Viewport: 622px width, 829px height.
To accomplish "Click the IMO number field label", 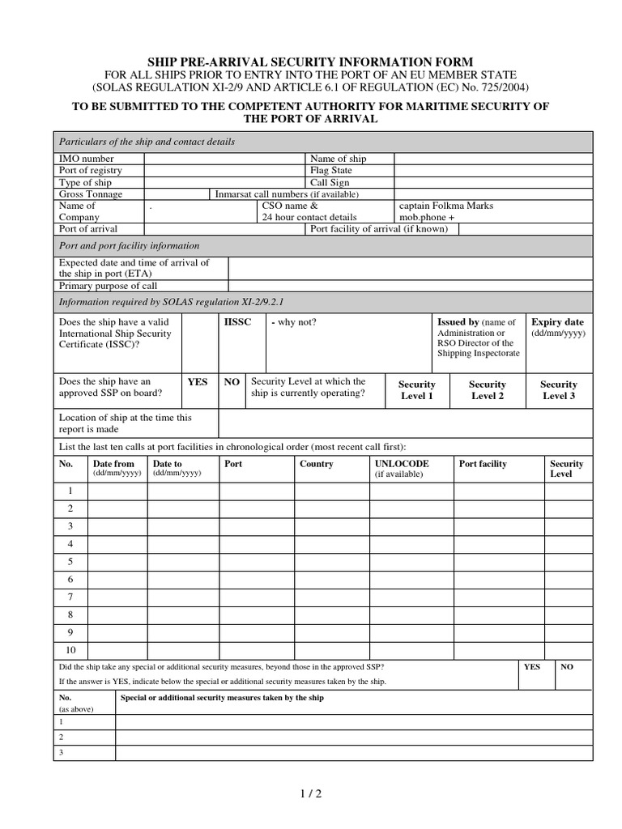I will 87,159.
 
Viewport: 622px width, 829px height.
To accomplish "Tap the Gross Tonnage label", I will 91,194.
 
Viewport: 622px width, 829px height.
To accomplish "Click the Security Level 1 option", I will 417,390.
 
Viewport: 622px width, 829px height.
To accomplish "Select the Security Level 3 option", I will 559,390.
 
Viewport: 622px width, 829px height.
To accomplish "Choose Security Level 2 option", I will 488,390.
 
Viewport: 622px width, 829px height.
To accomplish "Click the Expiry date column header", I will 557,321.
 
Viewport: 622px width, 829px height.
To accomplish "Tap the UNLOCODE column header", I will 402,464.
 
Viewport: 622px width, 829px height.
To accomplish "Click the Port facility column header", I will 483,464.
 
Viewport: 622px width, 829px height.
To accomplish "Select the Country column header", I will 316,464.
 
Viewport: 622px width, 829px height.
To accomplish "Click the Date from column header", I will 115,464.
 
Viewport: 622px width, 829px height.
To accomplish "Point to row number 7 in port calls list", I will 70,597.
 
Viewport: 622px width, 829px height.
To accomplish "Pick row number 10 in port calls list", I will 70,649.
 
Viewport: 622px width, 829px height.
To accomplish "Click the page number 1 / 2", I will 311,794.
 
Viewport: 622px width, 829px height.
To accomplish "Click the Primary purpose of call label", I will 108,286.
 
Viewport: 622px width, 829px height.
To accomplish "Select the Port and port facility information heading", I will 130,245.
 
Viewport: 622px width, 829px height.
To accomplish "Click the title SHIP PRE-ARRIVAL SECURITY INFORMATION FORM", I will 310,62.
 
